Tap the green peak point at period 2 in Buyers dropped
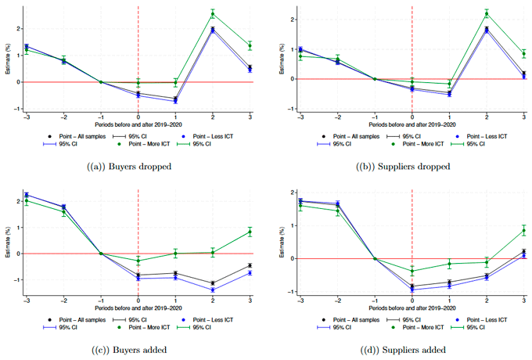[x=213, y=13]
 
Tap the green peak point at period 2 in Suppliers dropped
[x=487, y=13]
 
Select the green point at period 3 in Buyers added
[x=250, y=232]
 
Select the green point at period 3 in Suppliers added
[x=523, y=231]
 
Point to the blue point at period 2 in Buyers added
[x=213, y=290]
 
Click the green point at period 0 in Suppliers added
[x=412, y=272]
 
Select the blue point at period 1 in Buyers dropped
[x=175, y=101]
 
